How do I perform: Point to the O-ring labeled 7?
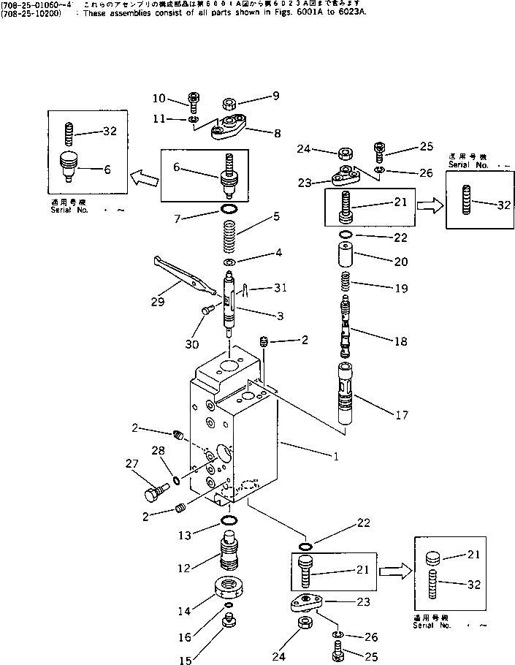(x=230, y=212)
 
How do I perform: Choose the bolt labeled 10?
(x=194, y=99)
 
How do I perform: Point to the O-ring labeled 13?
(x=229, y=521)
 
